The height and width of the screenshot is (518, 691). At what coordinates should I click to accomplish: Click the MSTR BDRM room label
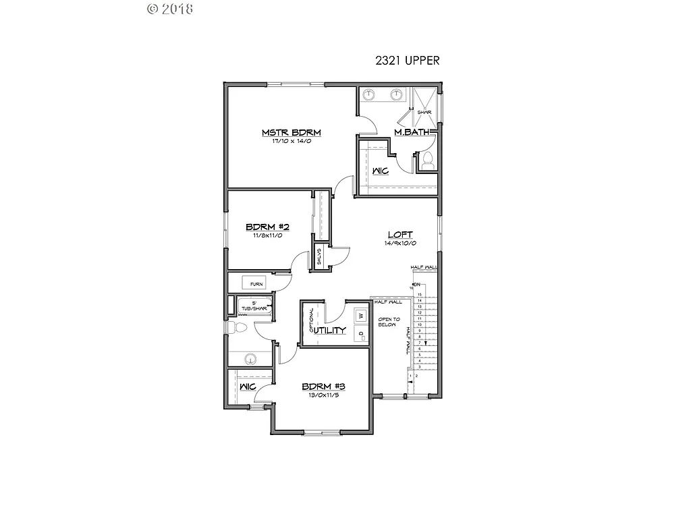291,132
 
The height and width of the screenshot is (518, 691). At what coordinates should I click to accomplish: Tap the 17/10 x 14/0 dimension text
291,142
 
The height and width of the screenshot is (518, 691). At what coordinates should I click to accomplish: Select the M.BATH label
412,132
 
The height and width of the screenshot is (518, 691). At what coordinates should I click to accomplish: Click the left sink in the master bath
369,94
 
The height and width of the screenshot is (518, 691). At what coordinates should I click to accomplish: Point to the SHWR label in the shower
424,112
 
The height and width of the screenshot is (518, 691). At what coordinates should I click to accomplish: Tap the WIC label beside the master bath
380,171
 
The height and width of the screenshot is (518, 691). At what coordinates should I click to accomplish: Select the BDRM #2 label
267,227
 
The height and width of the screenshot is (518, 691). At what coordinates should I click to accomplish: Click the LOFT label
399,235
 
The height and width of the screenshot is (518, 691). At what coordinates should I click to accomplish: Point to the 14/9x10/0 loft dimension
399,243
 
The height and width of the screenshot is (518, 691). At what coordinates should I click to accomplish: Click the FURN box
256,284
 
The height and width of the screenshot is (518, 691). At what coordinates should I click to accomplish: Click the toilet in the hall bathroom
237,328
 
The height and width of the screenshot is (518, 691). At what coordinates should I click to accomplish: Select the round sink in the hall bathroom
250,359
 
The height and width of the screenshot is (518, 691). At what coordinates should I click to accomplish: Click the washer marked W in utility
360,316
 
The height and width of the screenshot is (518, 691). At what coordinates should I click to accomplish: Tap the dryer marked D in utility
360,334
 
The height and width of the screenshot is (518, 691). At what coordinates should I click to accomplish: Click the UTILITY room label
330,330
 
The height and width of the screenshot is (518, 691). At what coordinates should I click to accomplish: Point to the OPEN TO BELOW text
389,321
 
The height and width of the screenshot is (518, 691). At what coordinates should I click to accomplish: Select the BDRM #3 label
323,386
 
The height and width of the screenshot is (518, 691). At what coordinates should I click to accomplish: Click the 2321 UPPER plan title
408,60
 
